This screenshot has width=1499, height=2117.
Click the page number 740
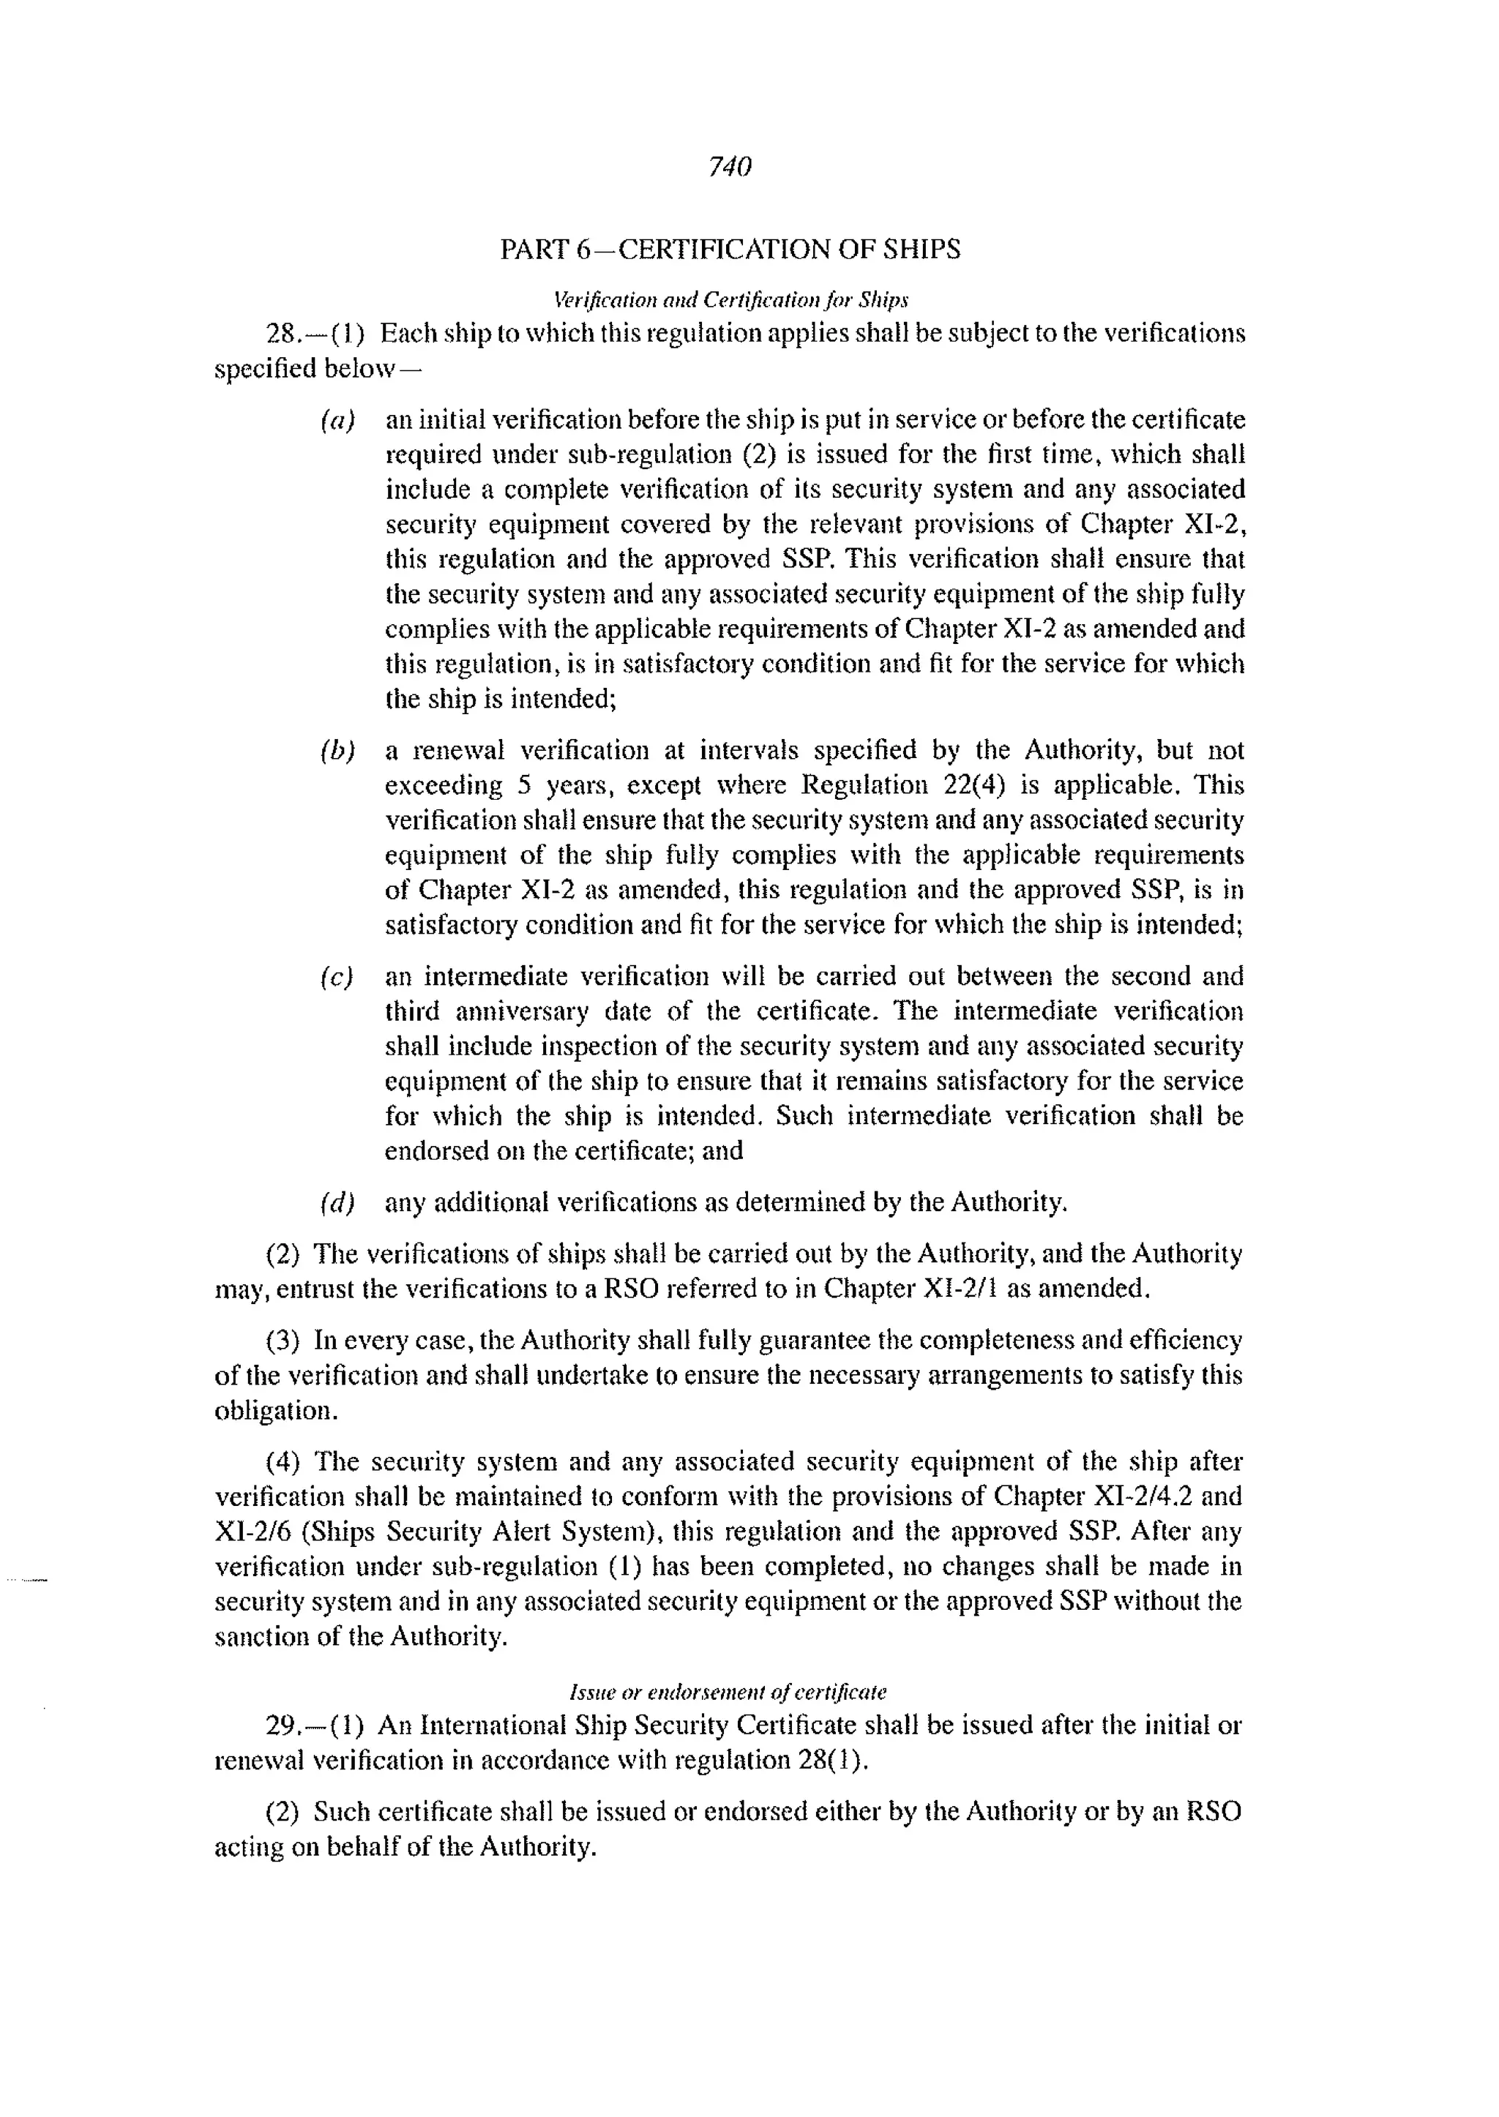click(729, 166)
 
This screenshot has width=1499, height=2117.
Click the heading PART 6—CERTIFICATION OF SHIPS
click(729, 250)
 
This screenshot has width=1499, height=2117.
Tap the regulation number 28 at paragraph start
click(280, 333)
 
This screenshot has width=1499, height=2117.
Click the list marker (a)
click(337, 421)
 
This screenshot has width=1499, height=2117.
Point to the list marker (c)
click(337, 976)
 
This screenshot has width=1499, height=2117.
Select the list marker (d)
click(337, 1202)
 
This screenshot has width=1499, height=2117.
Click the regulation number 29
click(280, 1725)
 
